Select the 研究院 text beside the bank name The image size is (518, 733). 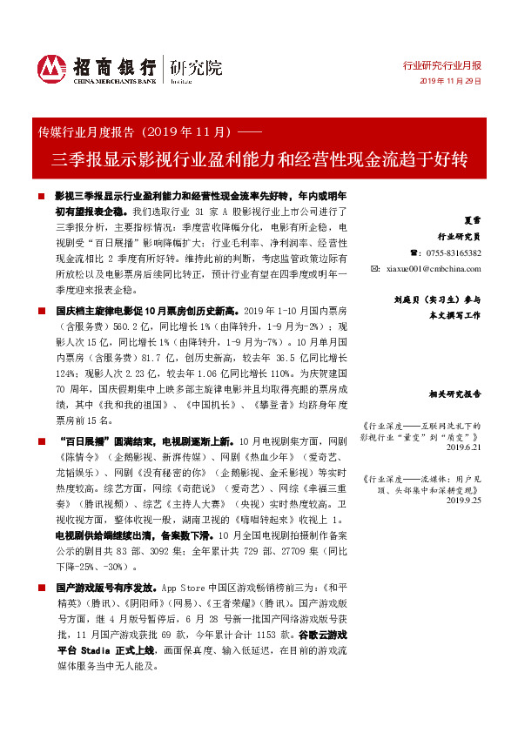[x=196, y=66]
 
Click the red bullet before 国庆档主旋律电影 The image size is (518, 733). [x=41, y=310]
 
